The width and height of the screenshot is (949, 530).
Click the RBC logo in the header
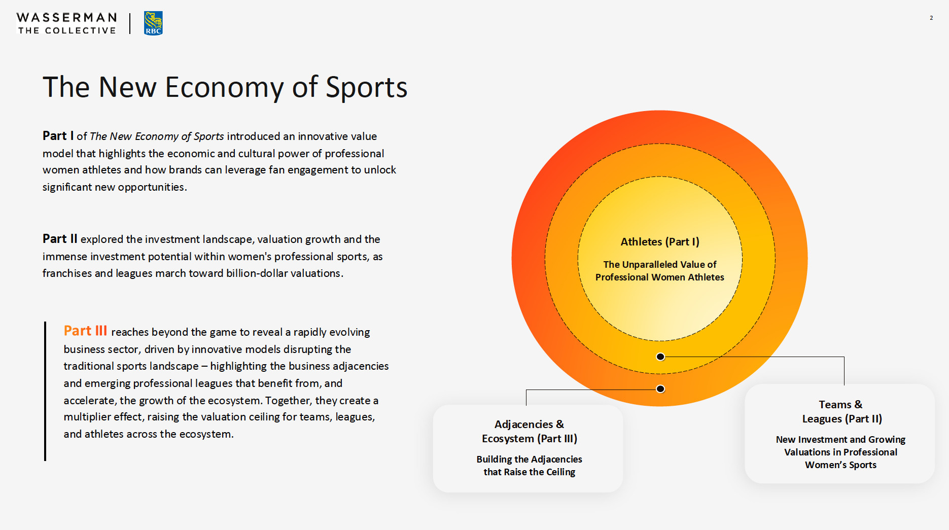(153, 23)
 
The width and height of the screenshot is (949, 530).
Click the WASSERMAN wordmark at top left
(67, 18)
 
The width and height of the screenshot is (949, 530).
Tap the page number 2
(931, 18)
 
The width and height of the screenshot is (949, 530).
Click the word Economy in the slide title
(224, 87)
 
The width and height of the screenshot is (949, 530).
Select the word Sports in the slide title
(366, 87)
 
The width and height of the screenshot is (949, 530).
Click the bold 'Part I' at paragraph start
(58, 136)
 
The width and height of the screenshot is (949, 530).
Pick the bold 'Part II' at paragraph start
(60, 239)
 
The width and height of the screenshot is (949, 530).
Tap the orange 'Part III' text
(85, 331)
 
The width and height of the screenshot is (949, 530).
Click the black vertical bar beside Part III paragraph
(45, 391)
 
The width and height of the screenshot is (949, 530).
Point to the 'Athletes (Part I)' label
(660, 242)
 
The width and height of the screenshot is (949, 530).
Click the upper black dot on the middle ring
(660, 357)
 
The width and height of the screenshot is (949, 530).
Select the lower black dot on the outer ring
(660, 389)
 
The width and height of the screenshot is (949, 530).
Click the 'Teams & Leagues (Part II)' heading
(841, 411)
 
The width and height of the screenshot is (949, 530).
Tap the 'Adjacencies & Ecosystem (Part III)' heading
(529, 431)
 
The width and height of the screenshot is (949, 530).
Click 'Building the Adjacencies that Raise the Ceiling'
(529, 466)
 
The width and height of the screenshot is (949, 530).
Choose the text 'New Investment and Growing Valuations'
(840, 445)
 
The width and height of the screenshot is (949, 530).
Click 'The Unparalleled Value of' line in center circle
(659, 264)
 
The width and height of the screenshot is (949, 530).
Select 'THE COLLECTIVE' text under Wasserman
(67, 30)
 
